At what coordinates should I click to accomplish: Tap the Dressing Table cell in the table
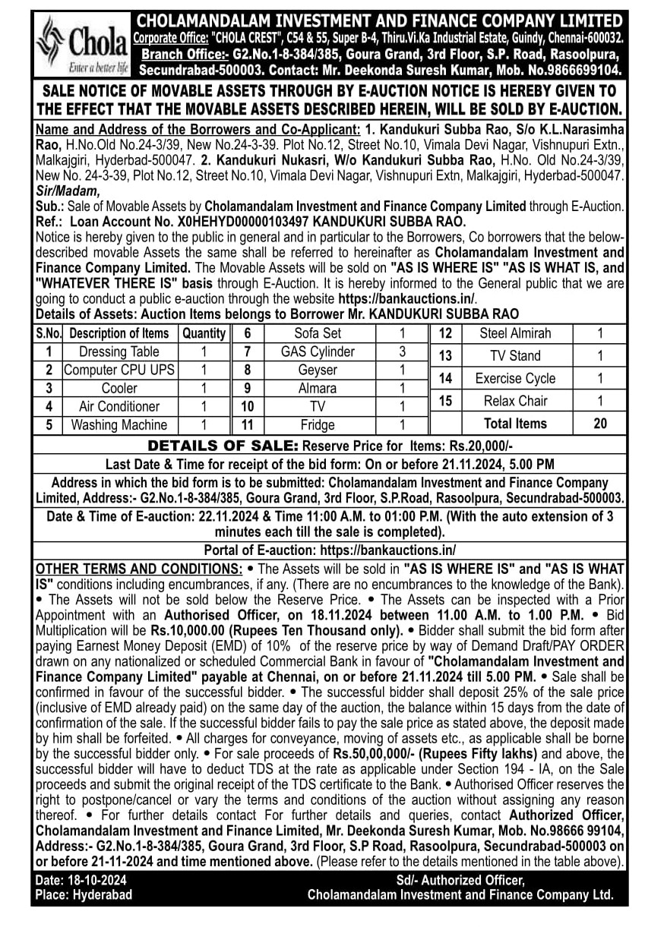pos(119,352)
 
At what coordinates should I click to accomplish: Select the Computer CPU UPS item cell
pos(119,370)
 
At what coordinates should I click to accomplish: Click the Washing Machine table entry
pos(119,425)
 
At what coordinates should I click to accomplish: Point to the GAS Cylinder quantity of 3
pos(402,352)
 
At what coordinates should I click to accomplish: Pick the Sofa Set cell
pos(317,333)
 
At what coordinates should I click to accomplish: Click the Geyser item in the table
pos(317,370)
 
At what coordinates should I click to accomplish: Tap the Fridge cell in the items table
pos(317,425)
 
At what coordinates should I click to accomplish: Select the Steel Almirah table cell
pos(515,333)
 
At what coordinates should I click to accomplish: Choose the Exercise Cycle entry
pos(515,378)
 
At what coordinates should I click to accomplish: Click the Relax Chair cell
pos(515,401)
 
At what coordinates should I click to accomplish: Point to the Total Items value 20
pos(599,424)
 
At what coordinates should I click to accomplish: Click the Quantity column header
pos(204,333)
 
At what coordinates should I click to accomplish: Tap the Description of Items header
pos(119,333)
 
